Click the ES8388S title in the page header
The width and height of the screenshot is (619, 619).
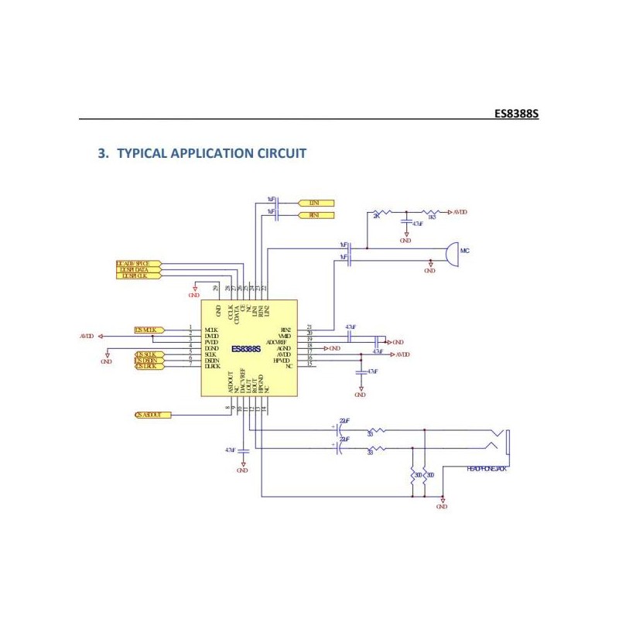pyautogui.click(x=515, y=113)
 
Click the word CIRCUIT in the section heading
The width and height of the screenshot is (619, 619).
pyautogui.click(x=279, y=153)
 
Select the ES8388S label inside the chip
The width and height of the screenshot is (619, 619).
pyautogui.click(x=247, y=349)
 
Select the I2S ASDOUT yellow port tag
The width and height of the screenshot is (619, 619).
pyautogui.click(x=151, y=416)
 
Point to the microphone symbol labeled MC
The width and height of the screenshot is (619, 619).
pyautogui.click(x=450, y=255)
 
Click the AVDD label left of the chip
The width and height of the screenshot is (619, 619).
pyautogui.click(x=87, y=337)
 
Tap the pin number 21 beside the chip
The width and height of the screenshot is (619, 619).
pyautogui.click(x=309, y=327)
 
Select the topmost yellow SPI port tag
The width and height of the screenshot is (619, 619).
pyautogui.click(x=138, y=264)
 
